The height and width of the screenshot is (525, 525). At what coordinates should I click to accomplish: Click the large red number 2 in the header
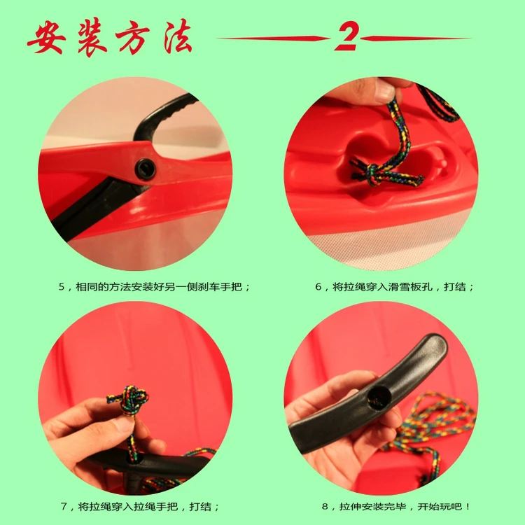pos(346,36)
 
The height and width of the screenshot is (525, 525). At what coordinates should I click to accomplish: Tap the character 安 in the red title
pos(45,38)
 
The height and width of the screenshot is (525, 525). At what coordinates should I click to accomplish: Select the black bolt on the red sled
pos(145,169)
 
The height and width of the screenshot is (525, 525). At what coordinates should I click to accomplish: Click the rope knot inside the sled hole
pos(371,174)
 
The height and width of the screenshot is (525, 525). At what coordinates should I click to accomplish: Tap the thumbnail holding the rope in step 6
pos(385,90)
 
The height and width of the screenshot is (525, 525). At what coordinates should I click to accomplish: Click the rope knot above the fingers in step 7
pos(128,400)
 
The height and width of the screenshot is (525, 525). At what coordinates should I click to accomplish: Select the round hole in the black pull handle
pos(379,397)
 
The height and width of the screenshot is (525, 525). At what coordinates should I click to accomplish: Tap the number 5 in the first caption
pos(62,287)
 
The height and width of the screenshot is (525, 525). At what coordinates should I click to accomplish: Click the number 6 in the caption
pos(318,287)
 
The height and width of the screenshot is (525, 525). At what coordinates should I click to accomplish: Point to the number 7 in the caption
pos(64,507)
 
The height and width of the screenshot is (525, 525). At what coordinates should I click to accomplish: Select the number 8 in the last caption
pos(325,507)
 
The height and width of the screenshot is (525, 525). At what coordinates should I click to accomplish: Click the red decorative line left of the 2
pos(274,38)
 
